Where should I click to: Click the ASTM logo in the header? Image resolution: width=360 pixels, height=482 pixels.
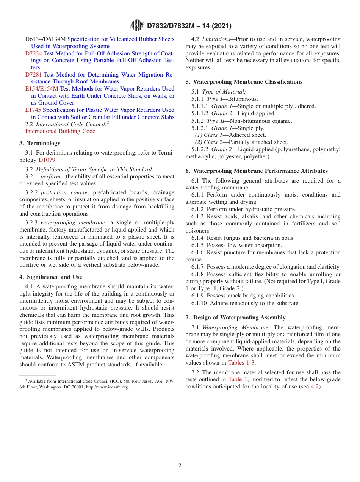point(137,25)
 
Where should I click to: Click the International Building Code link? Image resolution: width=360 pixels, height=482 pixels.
point(60,131)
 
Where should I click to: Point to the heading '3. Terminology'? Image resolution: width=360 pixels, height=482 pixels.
point(40,143)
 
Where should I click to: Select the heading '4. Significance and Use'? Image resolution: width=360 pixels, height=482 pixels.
point(51,277)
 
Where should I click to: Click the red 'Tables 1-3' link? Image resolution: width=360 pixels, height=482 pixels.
point(241,363)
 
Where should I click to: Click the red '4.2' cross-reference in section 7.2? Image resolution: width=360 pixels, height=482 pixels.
point(315,387)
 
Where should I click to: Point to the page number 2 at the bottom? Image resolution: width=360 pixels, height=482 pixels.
point(180,466)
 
